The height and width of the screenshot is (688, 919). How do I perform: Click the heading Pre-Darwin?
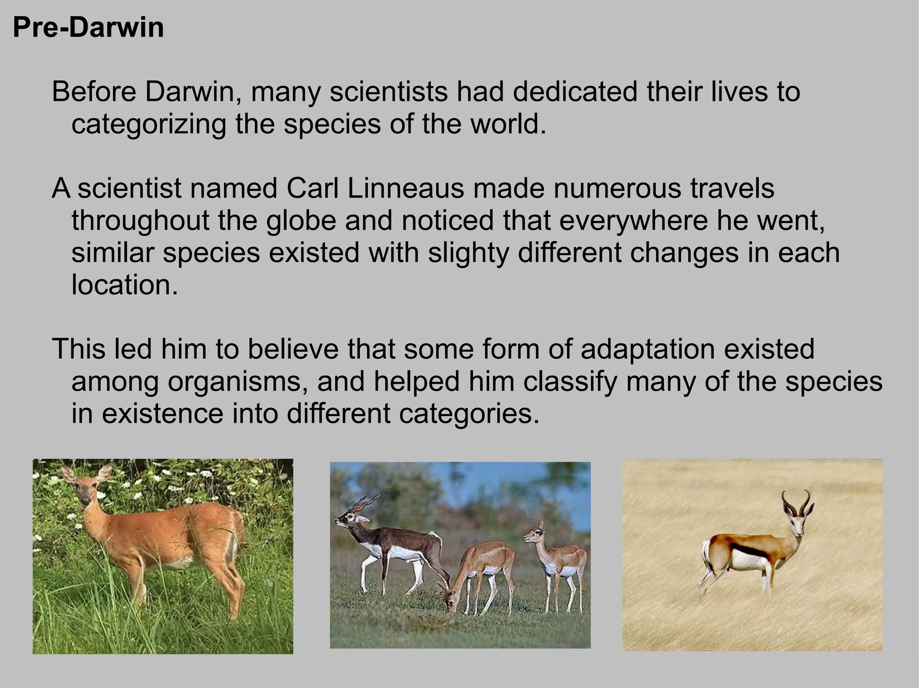coord(88,28)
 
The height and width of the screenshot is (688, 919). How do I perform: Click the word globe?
coord(301,221)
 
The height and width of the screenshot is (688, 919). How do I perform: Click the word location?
coord(124,285)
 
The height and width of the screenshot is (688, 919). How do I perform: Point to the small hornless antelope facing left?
coord(556,556)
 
